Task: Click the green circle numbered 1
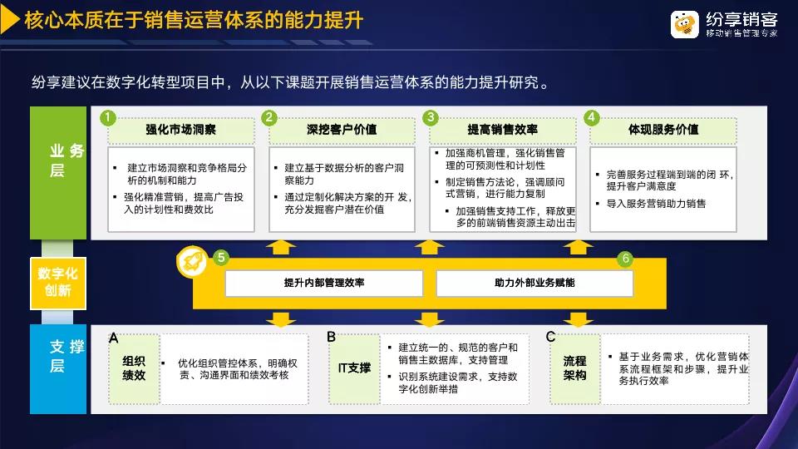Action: click(x=107, y=117)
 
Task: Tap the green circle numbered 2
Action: click(x=268, y=117)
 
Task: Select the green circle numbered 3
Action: click(x=430, y=117)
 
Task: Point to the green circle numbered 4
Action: click(x=591, y=117)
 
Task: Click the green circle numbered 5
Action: click(x=220, y=258)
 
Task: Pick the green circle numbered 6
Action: click(x=625, y=259)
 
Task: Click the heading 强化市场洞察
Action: click(x=180, y=130)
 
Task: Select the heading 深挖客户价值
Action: click(x=342, y=130)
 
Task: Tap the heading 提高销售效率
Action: click(x=503, y=130)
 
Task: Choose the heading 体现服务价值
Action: click(x=663, y=130)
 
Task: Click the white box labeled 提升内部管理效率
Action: click(x=324, y=283)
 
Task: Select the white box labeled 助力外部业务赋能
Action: click(x=534, y=283)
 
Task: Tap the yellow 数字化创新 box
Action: click(x=58, y=283)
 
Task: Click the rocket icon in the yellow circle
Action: click(x=192, y=262)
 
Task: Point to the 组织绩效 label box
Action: click(x=134, y=368)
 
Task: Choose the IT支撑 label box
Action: click(x=354, y=368)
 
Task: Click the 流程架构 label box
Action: click(x=575, y=368)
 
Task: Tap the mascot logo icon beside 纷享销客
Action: click(x=684, y=24)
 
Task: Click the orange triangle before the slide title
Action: click(x=10, y=20)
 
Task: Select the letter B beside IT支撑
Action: click(x=332, y=337)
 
